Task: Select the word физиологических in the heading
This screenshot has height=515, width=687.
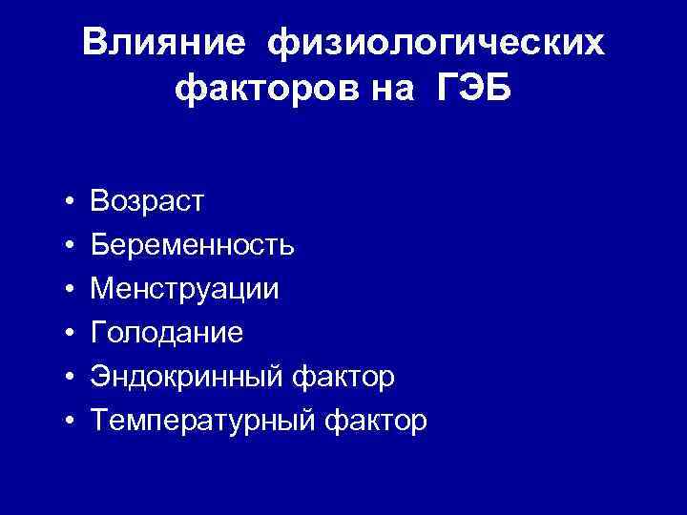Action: (x=436, y=43)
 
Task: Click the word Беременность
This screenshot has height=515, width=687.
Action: (x=193, y=245)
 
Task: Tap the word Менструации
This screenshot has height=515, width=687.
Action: (x=185, y=289)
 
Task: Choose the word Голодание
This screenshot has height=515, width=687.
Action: (x=167, y=333)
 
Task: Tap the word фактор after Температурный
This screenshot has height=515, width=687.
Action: (x=377, y=421)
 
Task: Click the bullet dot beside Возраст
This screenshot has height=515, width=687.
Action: (x=72, y=202)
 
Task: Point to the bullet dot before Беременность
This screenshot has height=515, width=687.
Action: (x=72, y=246)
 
